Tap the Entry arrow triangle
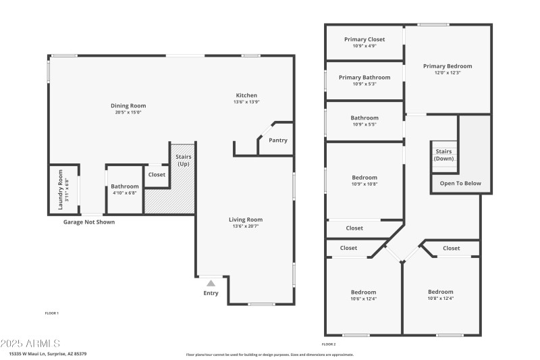211,284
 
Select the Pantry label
277,140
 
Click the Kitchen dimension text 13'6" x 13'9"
246,102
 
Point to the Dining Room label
128,105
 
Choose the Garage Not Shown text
89,222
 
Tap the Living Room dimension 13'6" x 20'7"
245,226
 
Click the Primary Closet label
364,40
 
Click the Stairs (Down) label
444,155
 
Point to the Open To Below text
460,183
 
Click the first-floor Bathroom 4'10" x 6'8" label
125,189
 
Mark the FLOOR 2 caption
328,344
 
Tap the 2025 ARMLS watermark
30,343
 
